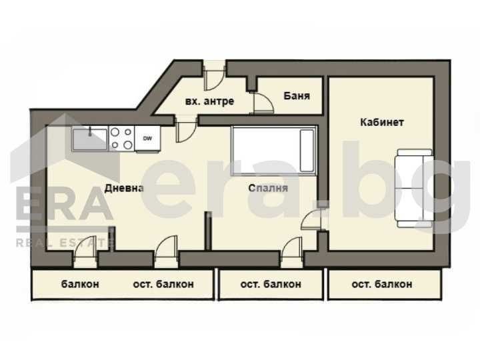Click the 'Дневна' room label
[125, 188]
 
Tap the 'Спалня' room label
[267, 188]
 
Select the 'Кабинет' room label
[382, 122]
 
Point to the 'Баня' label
[297, 95]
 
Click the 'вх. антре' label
[209, 101]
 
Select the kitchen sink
[89, 139]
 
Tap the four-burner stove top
[121, 139]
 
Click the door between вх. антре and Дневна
[186, 129]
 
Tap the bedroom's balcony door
[291, 250]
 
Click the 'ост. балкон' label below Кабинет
[381, 284]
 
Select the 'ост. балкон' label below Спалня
[270, 284]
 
